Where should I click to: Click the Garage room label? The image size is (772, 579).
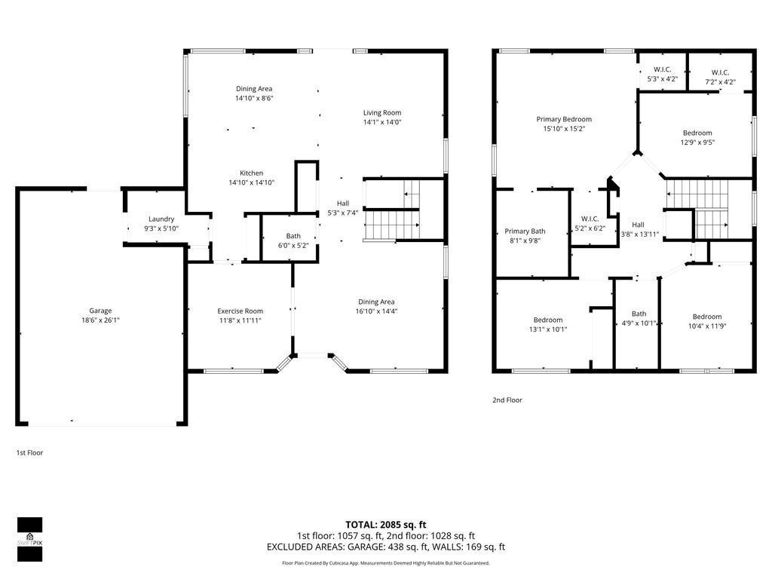point(100,311)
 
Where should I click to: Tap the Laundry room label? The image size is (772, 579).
point(161,219)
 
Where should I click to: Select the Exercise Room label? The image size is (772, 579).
point(240,311)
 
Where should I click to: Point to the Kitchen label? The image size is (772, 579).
point(251,173)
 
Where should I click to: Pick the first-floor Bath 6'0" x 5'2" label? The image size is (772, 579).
point(293,236)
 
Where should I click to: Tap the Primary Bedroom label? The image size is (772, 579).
point(564,119)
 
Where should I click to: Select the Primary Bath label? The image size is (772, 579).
point(525,231)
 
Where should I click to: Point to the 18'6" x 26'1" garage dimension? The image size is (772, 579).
point(100,320)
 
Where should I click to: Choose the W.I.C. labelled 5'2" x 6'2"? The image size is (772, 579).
point(590,228)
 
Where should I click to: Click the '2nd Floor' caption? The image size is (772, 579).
point(507,400)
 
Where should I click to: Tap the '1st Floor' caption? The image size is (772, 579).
point(31,453)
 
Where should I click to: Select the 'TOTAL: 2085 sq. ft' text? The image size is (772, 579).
point(386,525)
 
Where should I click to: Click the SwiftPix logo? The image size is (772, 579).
point(30,539)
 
